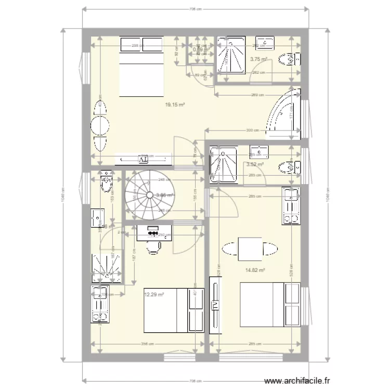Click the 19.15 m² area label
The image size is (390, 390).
[x=175, y=105]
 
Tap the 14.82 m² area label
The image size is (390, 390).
[x=255, y=270]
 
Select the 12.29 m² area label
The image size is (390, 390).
[x=154, y=294]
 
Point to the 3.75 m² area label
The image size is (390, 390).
[x=258, y=59]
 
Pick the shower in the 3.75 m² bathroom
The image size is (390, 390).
[x=229, y=60]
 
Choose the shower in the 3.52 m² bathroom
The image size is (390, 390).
[x=223, y=165]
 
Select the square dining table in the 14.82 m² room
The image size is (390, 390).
[x=249, y=249]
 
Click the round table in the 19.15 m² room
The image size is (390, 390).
[x=99, y=125]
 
